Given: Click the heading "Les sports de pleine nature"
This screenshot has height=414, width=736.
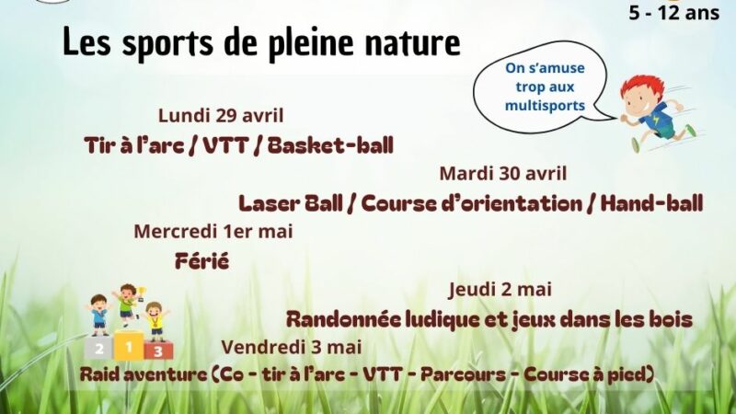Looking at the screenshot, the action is click(x=261, y=43).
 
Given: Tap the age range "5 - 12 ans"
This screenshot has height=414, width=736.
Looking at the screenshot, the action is click(x=674, y=13).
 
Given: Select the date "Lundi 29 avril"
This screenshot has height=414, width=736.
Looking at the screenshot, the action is click(x=221, y=116).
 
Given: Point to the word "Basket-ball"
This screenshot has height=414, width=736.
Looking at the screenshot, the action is click(x=330, y=145).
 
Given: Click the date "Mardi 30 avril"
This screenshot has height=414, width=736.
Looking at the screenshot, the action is click(x=503, y=174).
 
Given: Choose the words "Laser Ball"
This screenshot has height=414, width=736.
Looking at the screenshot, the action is click(x=291, y=203).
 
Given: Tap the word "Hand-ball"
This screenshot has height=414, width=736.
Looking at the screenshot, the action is click(x=652, y=203).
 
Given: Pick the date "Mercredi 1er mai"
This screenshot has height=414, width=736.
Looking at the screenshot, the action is click(x=213, y=232).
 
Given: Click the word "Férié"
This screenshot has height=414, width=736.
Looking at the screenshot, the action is click(x=201, y=261).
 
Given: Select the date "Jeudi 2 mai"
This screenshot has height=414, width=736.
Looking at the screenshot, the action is click(x=500, y=289).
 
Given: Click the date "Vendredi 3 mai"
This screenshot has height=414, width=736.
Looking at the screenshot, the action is click(x=292, y=348).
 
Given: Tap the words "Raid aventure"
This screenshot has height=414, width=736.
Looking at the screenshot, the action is click(x=144, y=374).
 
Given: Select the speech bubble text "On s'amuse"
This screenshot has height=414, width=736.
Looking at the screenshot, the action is click(x=545, y=68).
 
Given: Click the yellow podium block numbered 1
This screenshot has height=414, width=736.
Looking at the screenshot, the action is click(x=129, y=346).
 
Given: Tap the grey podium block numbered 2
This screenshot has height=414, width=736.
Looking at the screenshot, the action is click(x=99, y=348).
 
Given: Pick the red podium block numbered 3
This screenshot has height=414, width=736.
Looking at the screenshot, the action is click(x=158, y=351).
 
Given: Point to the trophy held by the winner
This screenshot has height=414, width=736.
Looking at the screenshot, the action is click(x=142, y=293).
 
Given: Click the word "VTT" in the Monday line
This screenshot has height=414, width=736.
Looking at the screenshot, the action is click(x=224, y=145).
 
